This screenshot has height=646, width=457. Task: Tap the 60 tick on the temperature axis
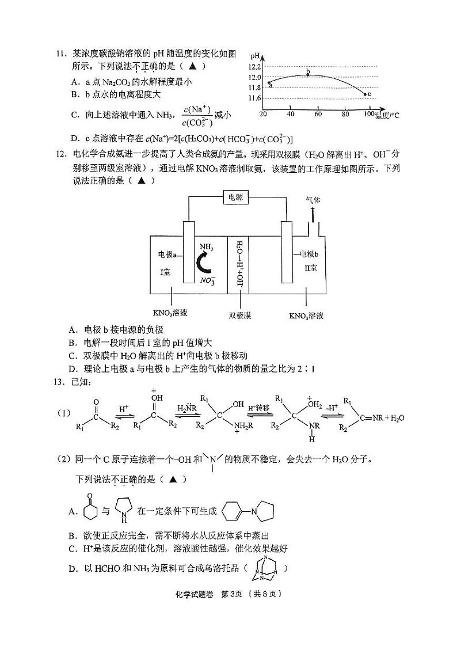[x=318, y=114]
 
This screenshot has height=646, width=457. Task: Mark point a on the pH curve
[x=269, y=84]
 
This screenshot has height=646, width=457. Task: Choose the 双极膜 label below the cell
[x=239, y=316]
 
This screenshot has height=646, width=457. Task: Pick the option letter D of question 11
[x=75, y=139]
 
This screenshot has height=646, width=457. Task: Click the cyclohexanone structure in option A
[x=89, y=507]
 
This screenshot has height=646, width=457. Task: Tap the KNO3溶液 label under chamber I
[x=171, y=313]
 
